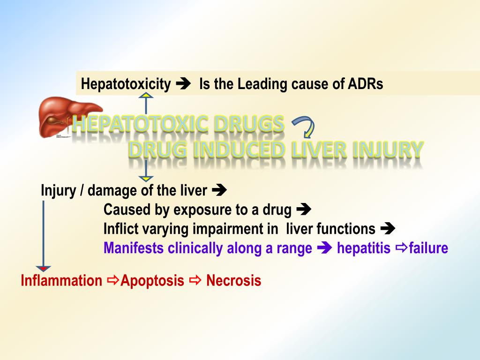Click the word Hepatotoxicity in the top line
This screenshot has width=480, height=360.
tap(126, 84)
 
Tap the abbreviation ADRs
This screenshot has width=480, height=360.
tap(366, 84)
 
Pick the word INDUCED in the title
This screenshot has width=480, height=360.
tap(239, 150)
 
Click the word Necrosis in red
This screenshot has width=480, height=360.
tap(233, 281)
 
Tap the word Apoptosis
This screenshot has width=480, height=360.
tap(152, 281)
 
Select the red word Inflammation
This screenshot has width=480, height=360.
tap(61, 281)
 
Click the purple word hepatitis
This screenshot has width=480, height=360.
tap(363, 248)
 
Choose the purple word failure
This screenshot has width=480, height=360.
tap(428, 248)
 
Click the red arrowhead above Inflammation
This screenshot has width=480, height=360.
tap(43, 268)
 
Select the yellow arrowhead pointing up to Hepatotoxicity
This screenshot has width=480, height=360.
tap(147, 96)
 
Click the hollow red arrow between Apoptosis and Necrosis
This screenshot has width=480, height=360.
tap(195, 281)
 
